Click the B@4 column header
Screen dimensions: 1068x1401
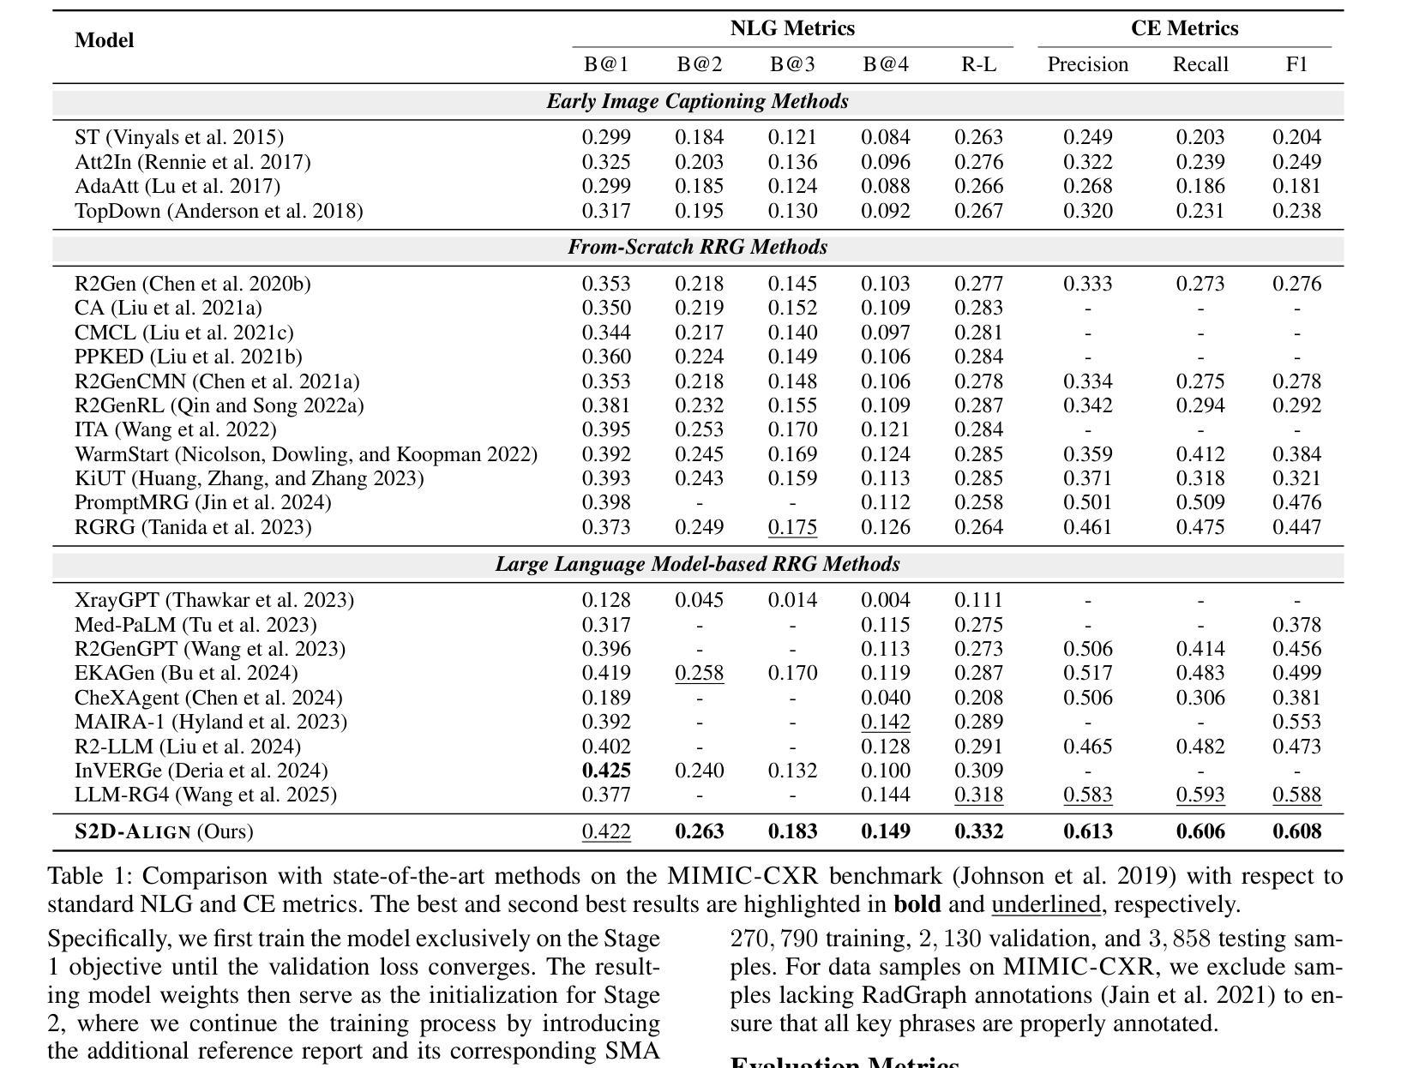885,65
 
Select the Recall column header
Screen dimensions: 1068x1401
1200,65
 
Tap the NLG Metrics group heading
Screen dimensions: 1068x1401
792,28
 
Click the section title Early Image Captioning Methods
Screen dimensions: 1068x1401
698,101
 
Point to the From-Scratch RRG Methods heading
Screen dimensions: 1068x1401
698,247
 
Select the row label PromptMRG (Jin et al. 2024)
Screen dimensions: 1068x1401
203,502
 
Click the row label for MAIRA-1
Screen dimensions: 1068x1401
211,722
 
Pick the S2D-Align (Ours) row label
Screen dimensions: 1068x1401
164,831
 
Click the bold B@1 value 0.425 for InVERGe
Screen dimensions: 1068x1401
606,771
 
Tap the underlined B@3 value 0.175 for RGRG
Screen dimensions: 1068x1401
792,527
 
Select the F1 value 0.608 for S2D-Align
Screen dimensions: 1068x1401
1296,831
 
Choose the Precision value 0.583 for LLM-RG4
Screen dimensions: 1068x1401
1087,795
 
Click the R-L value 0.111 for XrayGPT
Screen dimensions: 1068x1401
978,600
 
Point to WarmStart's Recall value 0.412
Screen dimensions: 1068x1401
1200,454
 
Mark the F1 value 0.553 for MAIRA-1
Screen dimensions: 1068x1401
1296,722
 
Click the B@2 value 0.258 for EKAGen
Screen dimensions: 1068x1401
700,673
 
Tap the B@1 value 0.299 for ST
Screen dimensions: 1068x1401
606,137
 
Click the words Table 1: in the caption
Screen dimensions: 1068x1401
91,876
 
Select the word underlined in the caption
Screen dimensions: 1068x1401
1046,904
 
